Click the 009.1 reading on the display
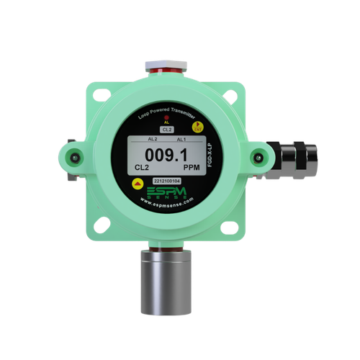point(166,154)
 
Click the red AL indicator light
point(166,117)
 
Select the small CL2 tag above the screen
point(166,128)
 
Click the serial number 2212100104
point(166,182)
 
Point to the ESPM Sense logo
point(166,193)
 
